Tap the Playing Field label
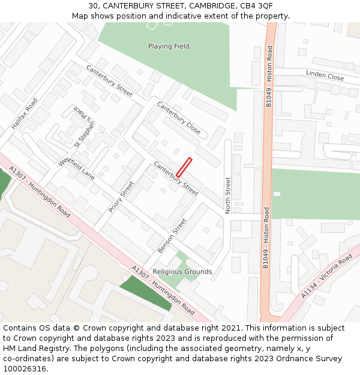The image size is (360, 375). (x=169, y=46)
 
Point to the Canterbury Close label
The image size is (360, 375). (x=179, y=118)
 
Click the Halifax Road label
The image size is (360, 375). (x=24, y=113)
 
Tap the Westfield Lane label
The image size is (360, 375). (x=76, y=169)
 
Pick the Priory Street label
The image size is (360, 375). (x=121, y=197)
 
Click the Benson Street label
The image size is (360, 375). (x=172, y=235)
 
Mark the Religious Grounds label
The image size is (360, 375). (x=182, y=272)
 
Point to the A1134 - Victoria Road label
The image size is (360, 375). (x=326, y=277)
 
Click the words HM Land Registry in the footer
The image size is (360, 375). (x=31, y=348)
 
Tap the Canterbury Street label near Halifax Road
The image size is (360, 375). (x=109, y=80)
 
